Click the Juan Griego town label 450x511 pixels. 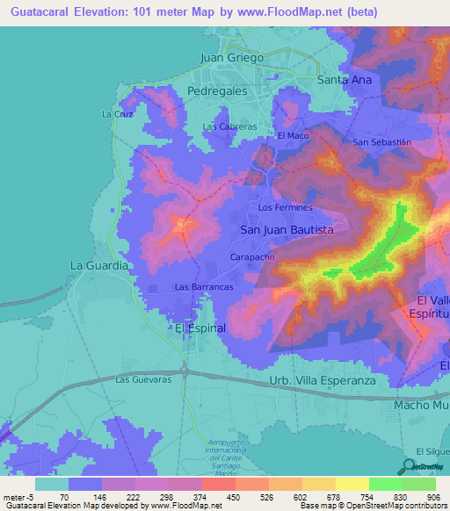pos(232,57)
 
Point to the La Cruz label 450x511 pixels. pos(117,114)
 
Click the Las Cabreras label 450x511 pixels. pos(229,126)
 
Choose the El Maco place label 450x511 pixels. pos(293,136)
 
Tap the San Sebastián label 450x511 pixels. pos(381,142)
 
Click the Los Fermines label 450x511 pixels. pos(285,208)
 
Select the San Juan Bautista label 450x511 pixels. pos(287,229)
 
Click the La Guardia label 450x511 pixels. pos(100,264)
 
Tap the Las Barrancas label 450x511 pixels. pos(204,287)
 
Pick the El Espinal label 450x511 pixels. pos(200,327)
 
